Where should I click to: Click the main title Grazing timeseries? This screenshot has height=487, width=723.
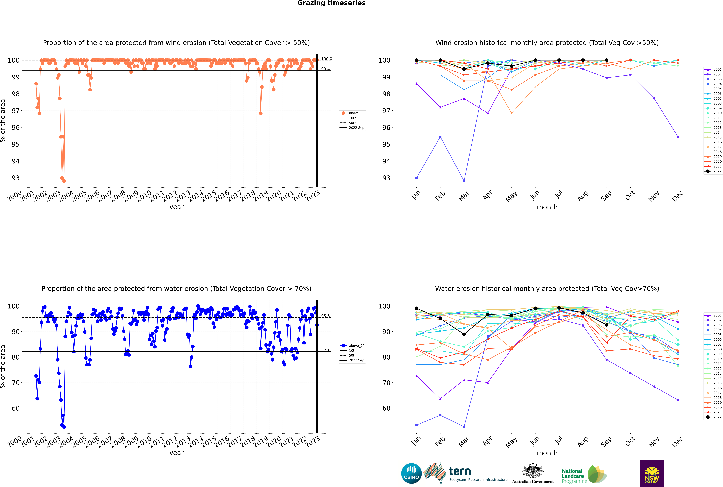tap(331, 3)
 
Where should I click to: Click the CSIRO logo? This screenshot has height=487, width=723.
tap(411, 473)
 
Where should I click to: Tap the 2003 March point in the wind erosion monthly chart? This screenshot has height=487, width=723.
tap(464, 181)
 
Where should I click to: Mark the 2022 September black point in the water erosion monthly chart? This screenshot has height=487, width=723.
tap(606, 325)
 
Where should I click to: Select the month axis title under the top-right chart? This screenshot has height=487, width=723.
tap(547, 207)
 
